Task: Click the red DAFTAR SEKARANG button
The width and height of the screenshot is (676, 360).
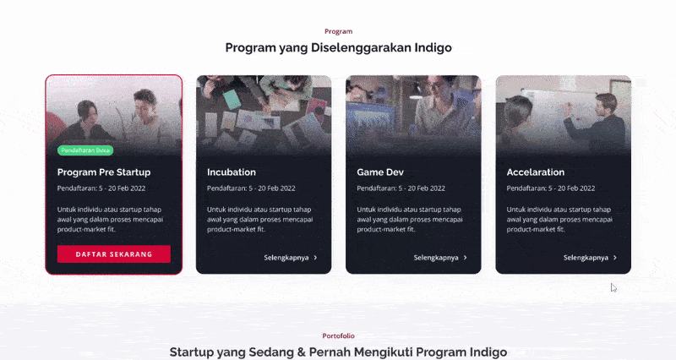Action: tap(114, 254)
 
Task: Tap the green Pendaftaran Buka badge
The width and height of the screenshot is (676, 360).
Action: tap(85, 150)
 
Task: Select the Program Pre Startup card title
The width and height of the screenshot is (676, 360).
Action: tap(104, 172)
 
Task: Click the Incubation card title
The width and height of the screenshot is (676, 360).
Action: tap(231, 172)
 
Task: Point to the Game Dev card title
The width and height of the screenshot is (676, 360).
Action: tap(380, 172)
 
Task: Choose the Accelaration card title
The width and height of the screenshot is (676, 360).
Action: tap(536, 172)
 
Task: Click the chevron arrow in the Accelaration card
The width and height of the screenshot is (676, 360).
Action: tap(615, 258)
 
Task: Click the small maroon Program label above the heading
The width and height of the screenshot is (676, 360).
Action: tap(339, 31)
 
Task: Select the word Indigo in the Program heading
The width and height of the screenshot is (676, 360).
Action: tap(433, 47)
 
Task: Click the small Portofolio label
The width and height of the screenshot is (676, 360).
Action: tap(339, 335)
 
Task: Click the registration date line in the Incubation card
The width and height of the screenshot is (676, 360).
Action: tap(251, 188)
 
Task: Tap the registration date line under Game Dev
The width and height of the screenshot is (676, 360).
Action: tap(401, 188)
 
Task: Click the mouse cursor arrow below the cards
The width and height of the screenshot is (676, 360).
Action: tap(613, 287)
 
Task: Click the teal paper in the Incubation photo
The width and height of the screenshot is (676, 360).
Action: tap(232, 99)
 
